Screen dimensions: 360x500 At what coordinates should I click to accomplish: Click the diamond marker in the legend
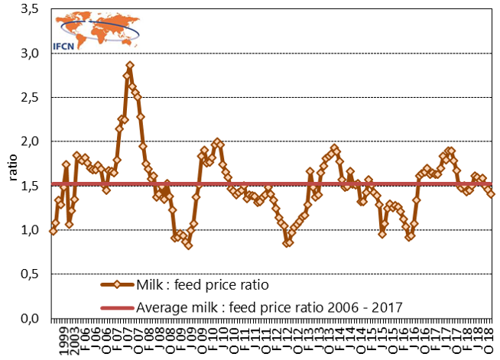117,285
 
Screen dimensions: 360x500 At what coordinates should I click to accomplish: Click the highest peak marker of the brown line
130,66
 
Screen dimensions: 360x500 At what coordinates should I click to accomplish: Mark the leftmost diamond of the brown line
53,231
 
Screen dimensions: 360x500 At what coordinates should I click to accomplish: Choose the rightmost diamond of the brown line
492,194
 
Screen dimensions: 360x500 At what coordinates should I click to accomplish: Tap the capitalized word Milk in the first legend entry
150,285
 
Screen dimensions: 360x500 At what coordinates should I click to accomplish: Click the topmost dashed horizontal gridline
306,53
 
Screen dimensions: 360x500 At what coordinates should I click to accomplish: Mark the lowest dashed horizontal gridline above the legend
306,273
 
